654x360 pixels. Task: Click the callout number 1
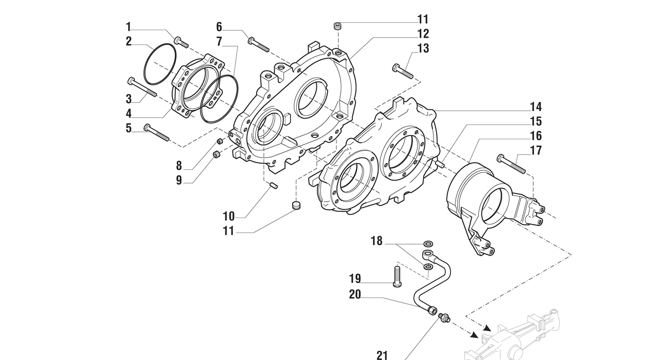click(x=128, y=26)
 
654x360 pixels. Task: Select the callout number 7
click(x=219, y=41)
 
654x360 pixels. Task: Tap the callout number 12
click(x=423, y=34)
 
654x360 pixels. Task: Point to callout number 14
click(x=535, y=107)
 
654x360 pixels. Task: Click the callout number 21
click(x=382, y=355)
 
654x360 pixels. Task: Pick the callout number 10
click(x=229, y=216)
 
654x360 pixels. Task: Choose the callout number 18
click(x=376, y=241)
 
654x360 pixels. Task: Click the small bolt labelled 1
click(x=181, y=42)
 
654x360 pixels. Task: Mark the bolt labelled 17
click(x=511, y=164)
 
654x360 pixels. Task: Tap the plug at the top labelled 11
click(x=337, y=25)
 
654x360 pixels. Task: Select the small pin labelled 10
click(x=274, y=185)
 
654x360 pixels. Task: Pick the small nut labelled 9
click(x=216, y=155)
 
